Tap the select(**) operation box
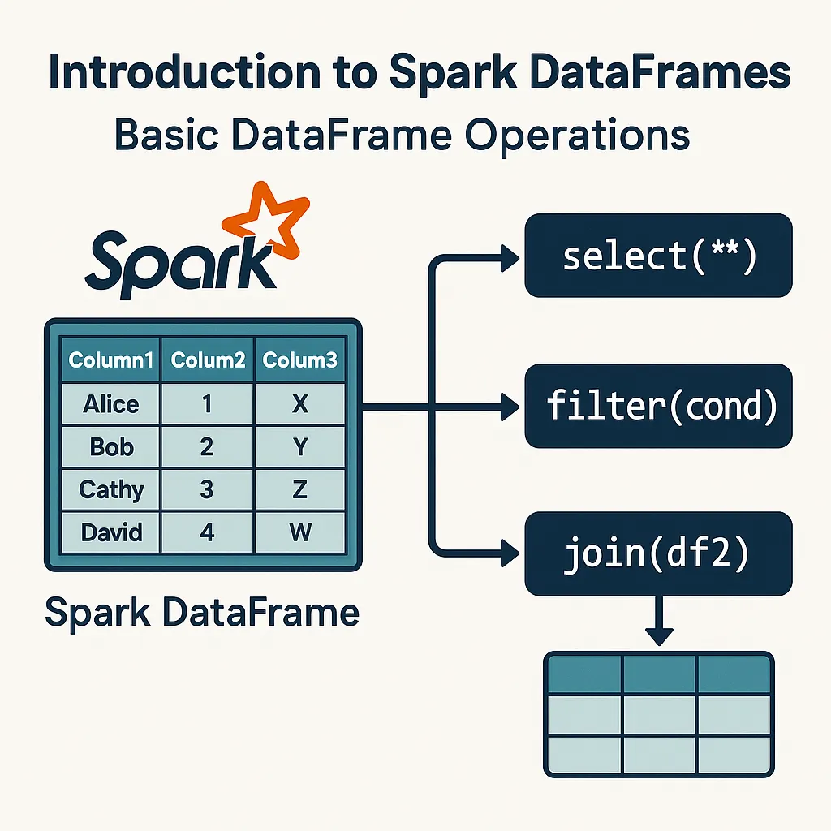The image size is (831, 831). [x=658, y=256]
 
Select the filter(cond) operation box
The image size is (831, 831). [x=658, y=406]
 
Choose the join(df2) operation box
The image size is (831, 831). [x=658, y=554]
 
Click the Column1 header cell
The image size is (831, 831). [x=111, y=360]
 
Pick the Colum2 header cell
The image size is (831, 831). [x=208, y=360]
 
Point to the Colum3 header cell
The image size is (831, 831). [x=300, y=360]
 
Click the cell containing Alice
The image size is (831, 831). [x=111, y=403]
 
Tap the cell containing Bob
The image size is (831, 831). [x=111, y=446]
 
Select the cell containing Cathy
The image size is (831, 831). [x=111, y=489]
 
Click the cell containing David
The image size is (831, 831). [x=111, y=533]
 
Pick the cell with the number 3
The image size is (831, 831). [x=208, y=489]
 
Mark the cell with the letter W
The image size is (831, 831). [x=300, y=533]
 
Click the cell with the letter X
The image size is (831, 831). [x=300, y=403]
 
